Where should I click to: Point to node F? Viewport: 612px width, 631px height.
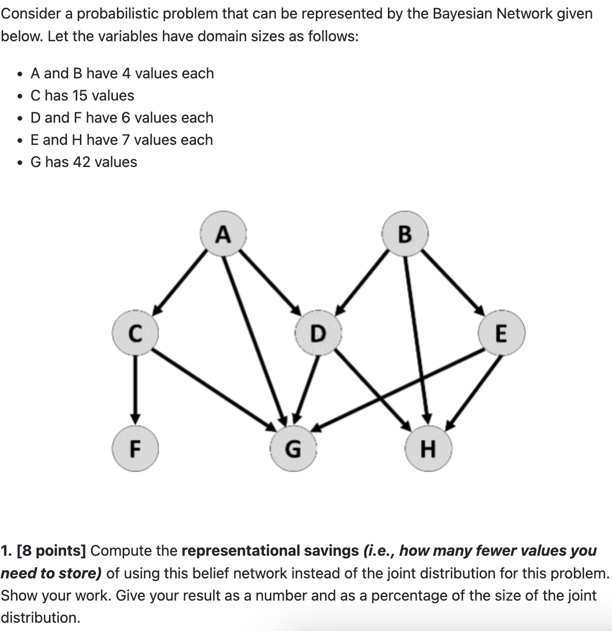coord(135,449)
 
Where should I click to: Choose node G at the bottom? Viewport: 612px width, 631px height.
coord(293,449)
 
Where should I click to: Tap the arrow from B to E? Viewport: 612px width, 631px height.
coord(452,281)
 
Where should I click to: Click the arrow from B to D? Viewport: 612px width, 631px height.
coord(363,281)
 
